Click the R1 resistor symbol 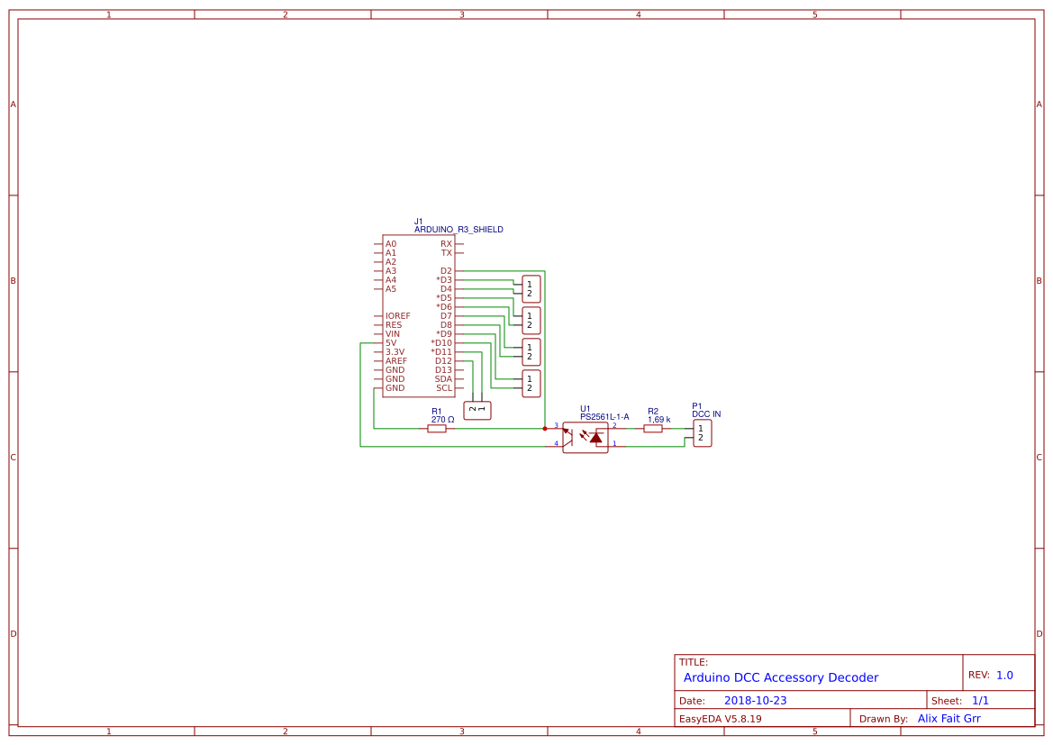(437, 429)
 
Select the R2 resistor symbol (653, 429)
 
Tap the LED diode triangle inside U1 (595, 437)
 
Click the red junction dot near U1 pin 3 (545, 429)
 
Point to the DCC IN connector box (703, 433)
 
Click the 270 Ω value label (442, 420)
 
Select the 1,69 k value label (658, 420)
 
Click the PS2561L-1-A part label (604, 417)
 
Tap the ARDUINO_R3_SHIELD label (458, 230)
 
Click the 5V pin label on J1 (391, 343)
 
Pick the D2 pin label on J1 (446, 271)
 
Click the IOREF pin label (397, 316)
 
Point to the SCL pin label (444, 388)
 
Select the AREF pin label (396, 361)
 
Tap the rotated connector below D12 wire (477, 411)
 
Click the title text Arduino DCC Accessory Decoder (780, 677)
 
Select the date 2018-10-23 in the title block (755, 701)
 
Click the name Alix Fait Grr (949, 719)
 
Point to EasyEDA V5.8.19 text (720, 719)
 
